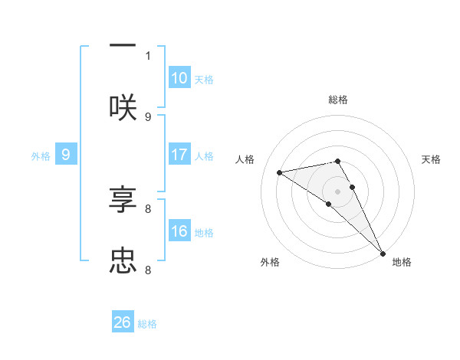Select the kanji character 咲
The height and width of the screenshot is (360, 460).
(x=123, y=108)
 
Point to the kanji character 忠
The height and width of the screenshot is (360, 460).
(x=123, y=261)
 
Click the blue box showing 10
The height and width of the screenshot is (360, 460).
(x=179, y=78)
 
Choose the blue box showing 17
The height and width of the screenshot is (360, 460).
(x=179, y=155)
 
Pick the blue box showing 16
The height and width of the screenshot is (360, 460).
(x=179, y=231)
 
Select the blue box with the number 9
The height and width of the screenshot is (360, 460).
(x=66, y=155)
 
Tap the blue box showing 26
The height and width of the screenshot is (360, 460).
(x=123, y=322)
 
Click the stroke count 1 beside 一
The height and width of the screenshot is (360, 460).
(x=148, y=55)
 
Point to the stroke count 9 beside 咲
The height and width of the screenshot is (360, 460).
(x=148, y=116)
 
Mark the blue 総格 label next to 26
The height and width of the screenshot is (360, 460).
(x=147, y=324)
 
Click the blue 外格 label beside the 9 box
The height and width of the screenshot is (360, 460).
(x=41, y=156)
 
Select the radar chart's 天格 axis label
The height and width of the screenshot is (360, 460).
(x=431, y=159)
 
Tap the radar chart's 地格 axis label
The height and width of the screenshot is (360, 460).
(x=402, y=262)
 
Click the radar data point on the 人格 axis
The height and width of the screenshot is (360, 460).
(x=280, y=172)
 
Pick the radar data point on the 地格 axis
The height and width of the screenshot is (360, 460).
(x=382, y=252)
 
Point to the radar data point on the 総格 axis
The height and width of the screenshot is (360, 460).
(x=337, y=161)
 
